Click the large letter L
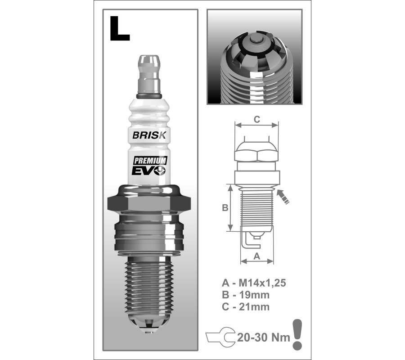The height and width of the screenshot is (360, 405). click(119, 28)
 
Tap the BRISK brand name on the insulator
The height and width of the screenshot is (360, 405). click(149, 135)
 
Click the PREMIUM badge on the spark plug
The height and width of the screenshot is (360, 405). click(150, 161)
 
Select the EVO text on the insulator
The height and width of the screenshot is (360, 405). click(149, 171)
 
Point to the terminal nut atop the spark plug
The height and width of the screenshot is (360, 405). click(149, 74)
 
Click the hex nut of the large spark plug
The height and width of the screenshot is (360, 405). click(149, 203)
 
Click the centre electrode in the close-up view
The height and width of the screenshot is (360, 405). click(255, 40)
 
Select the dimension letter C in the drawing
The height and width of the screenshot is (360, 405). click(257, 120)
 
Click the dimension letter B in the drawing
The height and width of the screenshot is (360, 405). click(225, 207)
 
